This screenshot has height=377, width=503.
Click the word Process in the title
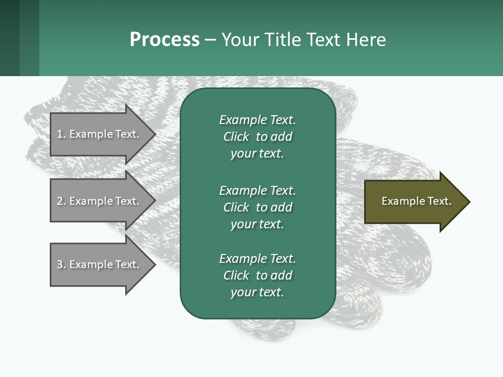point(165,40)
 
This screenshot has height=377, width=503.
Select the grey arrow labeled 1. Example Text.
point(98,134)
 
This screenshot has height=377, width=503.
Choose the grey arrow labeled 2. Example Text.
point(98,201)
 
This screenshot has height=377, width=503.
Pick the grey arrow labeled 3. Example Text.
point(98,264)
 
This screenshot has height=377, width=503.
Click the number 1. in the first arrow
point(61,134)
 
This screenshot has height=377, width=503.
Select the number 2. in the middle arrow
point(61,201)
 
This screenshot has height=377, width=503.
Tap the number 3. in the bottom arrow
point(61,264)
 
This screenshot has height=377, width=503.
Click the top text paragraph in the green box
point(257,137)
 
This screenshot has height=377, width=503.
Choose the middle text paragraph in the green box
point(257,207)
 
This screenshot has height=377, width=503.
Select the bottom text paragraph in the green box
point(257,275)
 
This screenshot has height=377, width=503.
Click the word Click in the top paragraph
point(236,137)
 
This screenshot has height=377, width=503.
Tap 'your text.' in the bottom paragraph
point(257,292)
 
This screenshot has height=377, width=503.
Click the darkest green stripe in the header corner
point(9,38)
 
